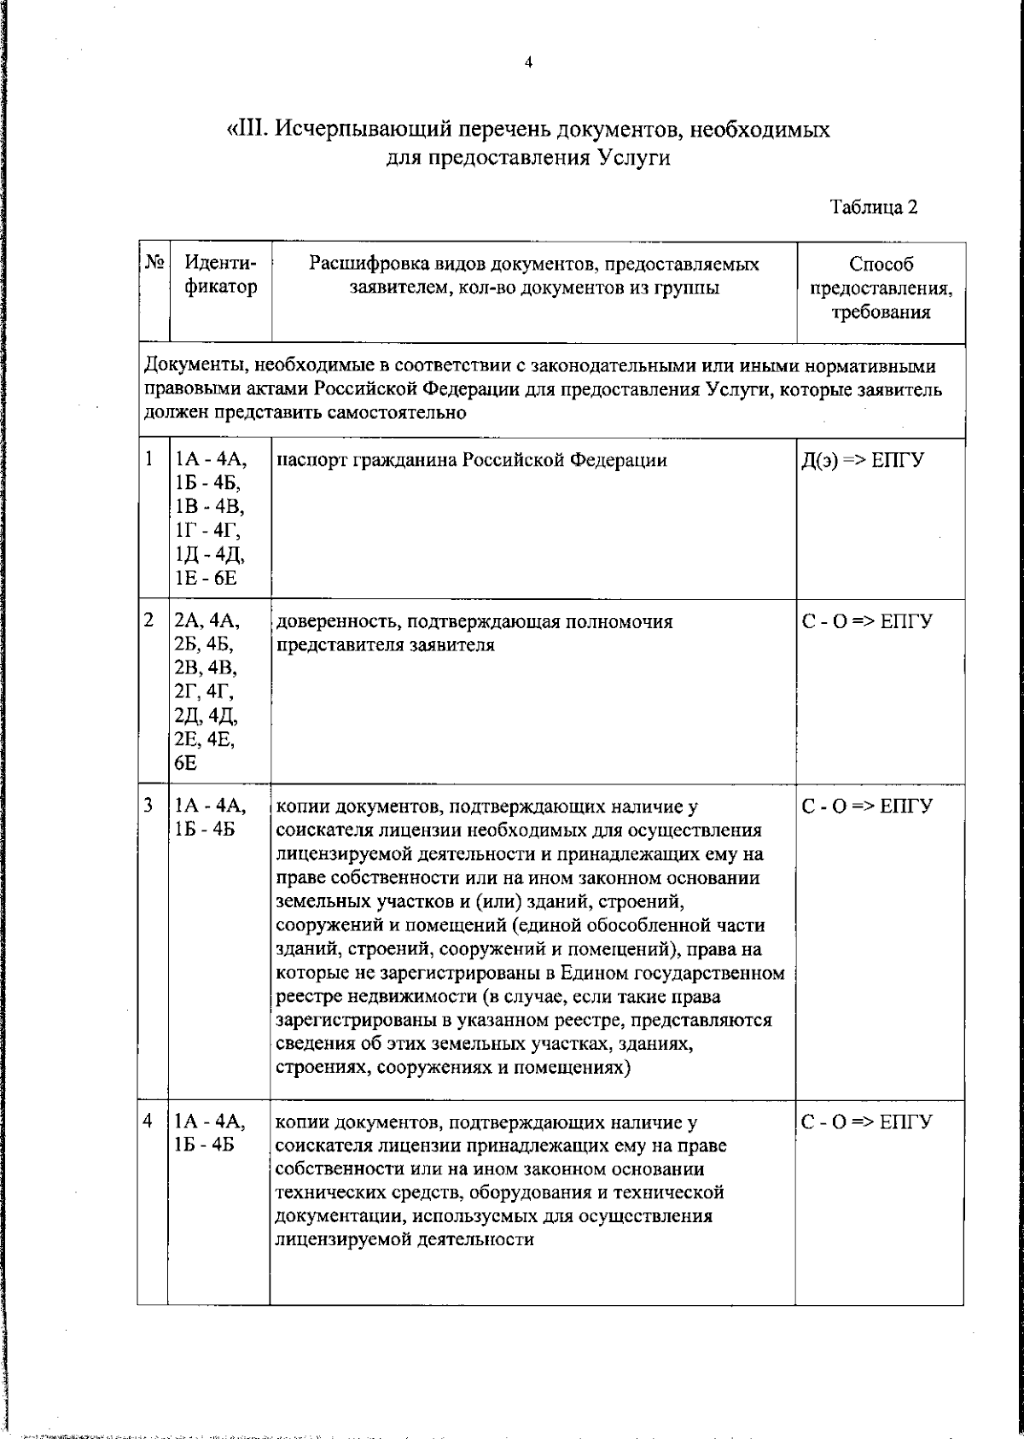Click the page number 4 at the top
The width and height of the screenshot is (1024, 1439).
[528, 62]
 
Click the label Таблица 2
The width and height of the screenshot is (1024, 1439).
[873, 207]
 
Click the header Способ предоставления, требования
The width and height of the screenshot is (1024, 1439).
[881, 288]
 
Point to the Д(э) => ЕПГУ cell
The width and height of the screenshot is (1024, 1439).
[863, 461]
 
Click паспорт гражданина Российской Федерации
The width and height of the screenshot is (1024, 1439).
[473, 461]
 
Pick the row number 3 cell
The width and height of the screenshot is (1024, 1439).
[150, 805]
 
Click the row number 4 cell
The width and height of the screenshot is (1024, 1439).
[150, 1119]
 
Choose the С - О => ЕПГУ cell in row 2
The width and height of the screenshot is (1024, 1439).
[867, 622]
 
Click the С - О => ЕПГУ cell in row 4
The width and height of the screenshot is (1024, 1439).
[867, 1121]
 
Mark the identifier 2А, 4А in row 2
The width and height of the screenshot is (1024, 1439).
[207, 621]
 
